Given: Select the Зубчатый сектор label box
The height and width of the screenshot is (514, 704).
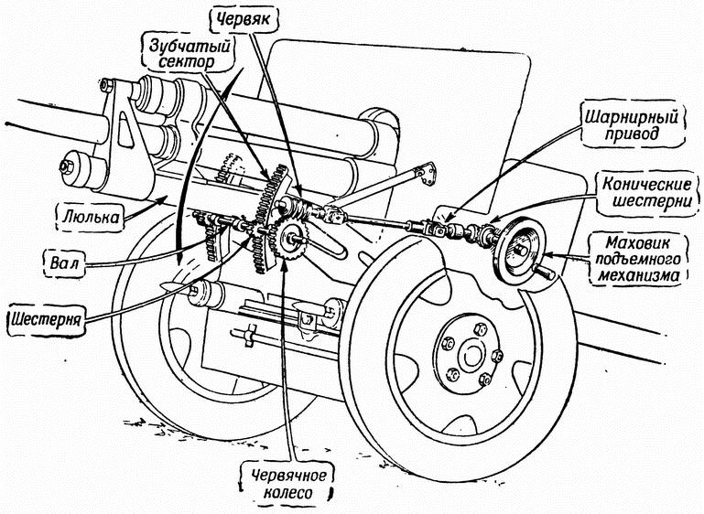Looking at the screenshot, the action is [x=189, y=53].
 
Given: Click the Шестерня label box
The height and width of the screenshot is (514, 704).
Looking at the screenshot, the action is [x=47, y=320].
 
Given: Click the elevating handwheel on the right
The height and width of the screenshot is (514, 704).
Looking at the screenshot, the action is [x=523, y=251].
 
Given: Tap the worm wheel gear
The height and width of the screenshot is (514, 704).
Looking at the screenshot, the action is [x=290, y=238].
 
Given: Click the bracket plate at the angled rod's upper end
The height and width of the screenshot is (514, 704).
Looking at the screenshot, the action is [x=426, y=174].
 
